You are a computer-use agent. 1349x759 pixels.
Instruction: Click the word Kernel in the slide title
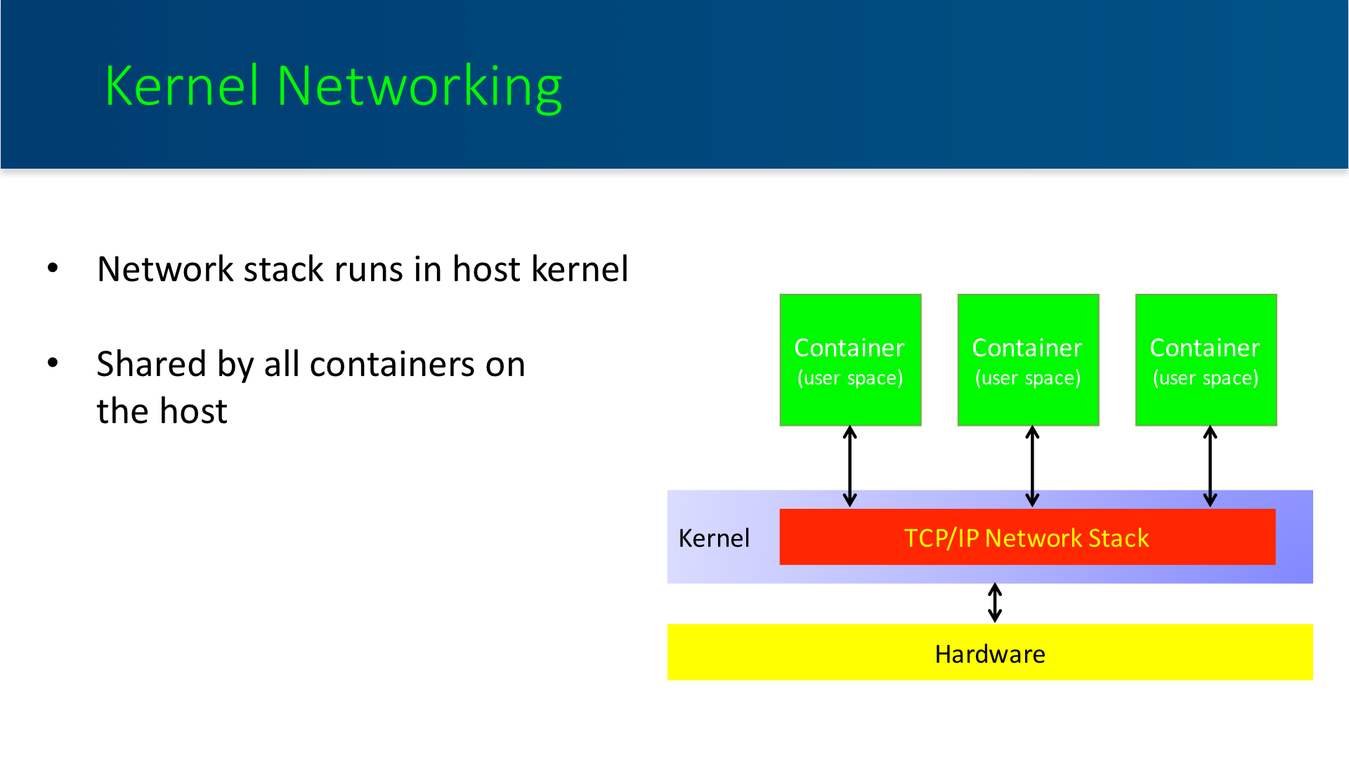(182, 86)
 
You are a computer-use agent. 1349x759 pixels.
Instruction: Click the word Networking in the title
(419, 87)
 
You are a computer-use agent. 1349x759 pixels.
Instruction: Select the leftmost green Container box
(850, 360)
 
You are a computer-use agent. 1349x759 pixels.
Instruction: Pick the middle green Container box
(1028, 360)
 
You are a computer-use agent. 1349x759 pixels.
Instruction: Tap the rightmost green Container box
(1206, 360)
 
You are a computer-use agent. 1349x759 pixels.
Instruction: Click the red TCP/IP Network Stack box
(1027, 537)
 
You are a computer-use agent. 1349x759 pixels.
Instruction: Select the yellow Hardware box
(990, 652)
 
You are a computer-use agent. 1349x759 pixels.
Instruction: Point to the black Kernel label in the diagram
(714, 538)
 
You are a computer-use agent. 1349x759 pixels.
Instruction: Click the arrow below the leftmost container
(850, 467)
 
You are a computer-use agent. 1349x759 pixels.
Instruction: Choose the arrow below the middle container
(1032, 467)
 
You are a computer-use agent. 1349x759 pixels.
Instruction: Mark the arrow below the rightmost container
(1210, 467)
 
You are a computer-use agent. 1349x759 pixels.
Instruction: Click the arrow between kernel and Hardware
(995, 603)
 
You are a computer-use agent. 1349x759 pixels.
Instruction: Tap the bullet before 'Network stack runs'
(53, 268)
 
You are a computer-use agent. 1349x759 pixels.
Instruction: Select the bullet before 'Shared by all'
(53, 363)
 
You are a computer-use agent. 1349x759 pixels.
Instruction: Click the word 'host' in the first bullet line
(486, 269)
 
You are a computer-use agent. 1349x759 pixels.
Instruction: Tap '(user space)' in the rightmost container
(1206, 378)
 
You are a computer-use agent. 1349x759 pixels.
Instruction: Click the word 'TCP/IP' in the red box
(941, 538)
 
